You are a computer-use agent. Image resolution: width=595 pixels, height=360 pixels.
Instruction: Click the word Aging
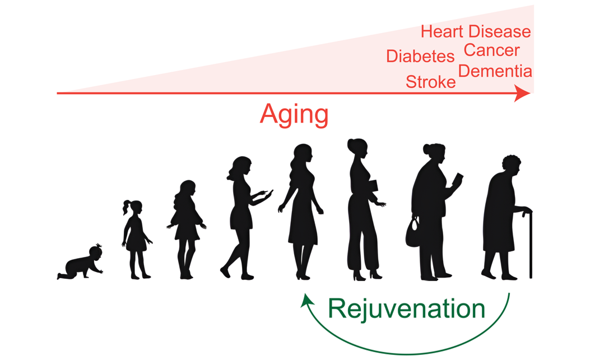294,115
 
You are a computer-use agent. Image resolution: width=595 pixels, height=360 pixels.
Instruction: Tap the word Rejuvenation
406,308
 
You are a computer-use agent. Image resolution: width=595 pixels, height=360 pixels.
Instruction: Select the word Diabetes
420,57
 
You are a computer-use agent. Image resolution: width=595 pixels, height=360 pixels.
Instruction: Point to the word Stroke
430,82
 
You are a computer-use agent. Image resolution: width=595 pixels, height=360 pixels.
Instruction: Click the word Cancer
491,50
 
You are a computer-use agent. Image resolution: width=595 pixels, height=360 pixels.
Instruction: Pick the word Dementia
495,71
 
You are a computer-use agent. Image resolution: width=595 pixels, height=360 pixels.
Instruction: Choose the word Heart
442,31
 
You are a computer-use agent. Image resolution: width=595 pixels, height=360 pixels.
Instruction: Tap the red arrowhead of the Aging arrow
522,93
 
